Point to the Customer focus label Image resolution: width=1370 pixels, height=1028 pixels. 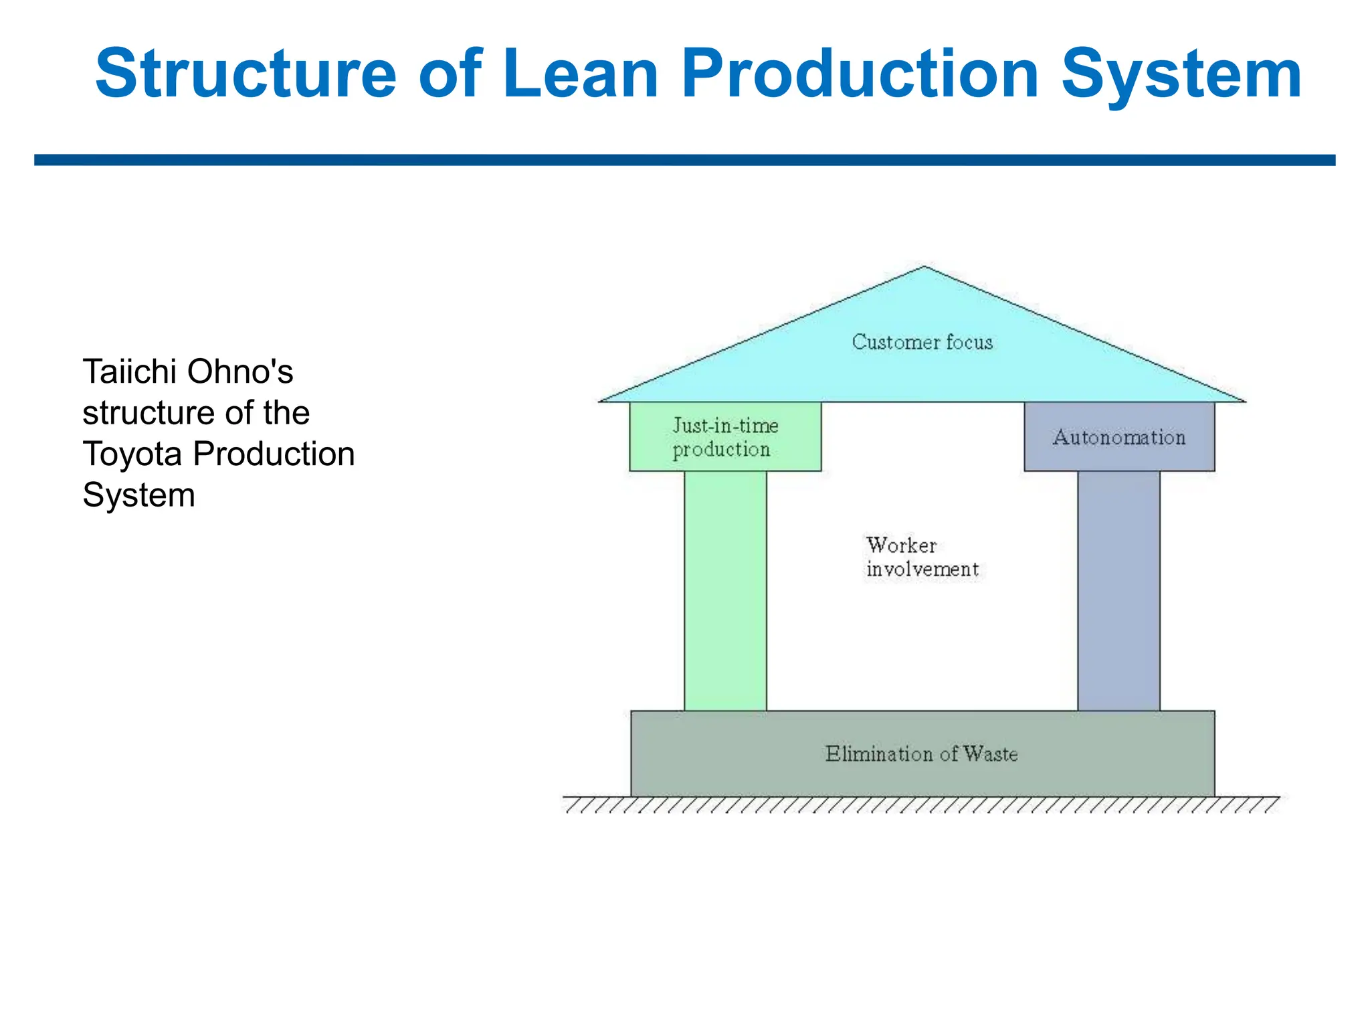click(x=922, y=342)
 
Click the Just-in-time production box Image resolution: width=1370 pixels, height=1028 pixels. click(x=725, y=437)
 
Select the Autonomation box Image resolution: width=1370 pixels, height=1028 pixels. click(x=1118, y=438)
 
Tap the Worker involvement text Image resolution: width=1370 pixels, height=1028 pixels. click(x=922, y=557)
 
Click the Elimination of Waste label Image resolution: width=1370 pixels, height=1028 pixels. click(x=921, y=754)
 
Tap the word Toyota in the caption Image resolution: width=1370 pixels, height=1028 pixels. click(x=132, y=454)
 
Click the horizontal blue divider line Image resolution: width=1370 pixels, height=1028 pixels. click(x=684, y=160)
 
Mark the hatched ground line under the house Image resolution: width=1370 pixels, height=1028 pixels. click(x=921, y=804)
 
